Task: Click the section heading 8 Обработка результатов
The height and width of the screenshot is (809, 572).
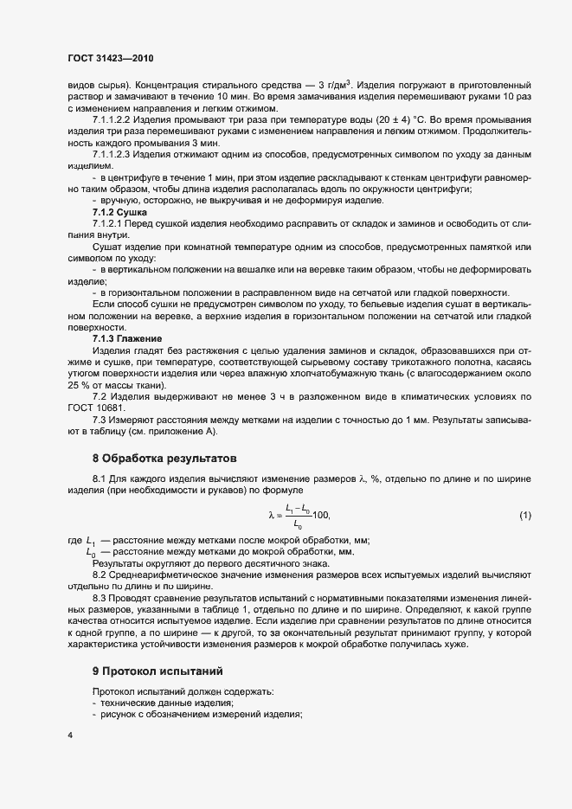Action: point(164,456)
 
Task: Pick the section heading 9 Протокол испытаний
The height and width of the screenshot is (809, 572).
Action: point(157,670)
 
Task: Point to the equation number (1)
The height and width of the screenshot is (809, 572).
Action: point(525,516)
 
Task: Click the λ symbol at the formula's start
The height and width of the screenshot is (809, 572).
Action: point(272,517)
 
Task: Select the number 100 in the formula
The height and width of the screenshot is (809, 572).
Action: point(321,517)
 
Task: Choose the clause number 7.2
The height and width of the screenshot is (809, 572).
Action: point(100,395)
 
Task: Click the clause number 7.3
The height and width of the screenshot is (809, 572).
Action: point(100,419)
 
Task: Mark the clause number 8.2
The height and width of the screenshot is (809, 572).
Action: point(100,575)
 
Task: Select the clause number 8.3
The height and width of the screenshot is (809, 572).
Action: point(100,598)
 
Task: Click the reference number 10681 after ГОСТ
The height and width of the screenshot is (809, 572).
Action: point(111,408)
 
